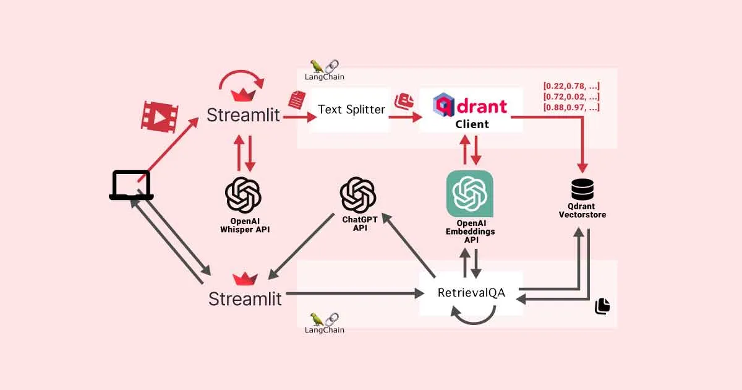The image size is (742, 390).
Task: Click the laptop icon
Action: click(x=131, y=185)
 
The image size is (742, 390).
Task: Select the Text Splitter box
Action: click(x=351, y=110)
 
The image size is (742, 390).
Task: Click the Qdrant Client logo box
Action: click(x=471, y=110)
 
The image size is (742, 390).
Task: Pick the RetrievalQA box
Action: click(x=471, y=293)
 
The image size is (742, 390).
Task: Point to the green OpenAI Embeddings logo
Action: click(x=470, y=193)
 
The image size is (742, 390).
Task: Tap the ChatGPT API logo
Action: click(x=358, y=194)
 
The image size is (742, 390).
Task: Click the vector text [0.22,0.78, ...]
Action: click(x=571, y=86)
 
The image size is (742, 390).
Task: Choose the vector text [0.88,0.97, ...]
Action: click(x=571, y=108)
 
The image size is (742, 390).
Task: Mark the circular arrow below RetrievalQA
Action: click(x=473, y=318)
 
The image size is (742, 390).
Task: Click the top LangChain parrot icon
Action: click(x=317, y=66)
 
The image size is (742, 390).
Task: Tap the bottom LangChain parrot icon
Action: click(x=317, y=319)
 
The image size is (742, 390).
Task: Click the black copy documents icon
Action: click(x=602, y=306)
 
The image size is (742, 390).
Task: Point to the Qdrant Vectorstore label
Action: click(x=582, y=210)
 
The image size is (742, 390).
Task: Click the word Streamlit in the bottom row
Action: click(x=245, y=299)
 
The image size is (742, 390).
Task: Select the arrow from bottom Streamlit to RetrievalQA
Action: click(x=352, y=293)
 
